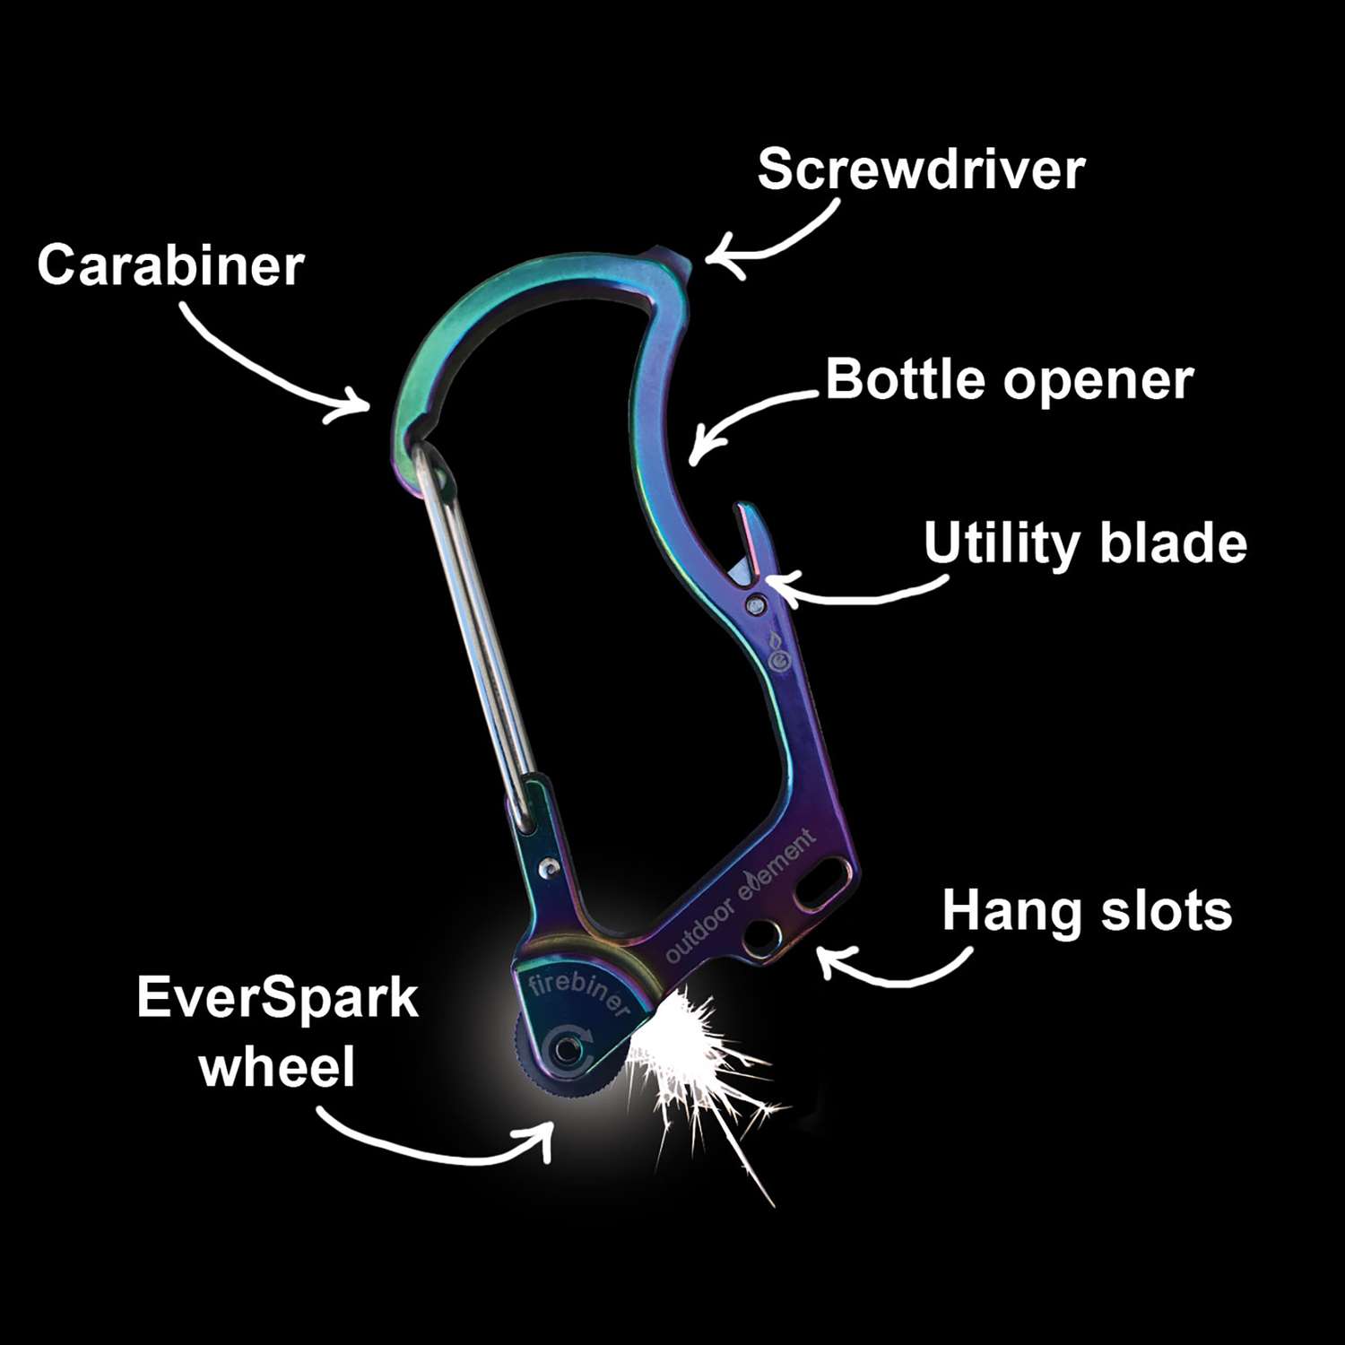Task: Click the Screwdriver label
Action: click(921, 169)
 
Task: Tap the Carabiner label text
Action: click(170, 266)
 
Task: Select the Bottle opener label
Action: click(1009, 380)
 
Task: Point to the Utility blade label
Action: click(1085, 544)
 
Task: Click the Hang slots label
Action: click(1087, 912)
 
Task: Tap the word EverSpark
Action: click(277, 999)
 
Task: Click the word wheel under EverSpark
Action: click(277, 1067)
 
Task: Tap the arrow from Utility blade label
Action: click(852, 592)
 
